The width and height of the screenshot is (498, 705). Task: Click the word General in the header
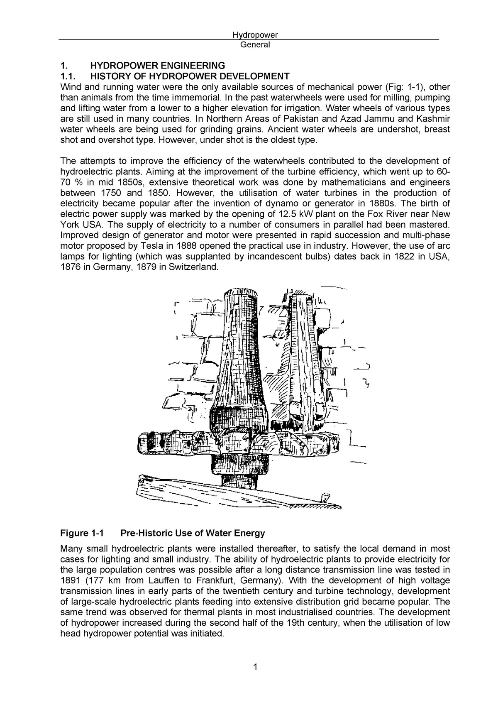255,45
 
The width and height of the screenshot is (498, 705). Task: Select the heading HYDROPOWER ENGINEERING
158,66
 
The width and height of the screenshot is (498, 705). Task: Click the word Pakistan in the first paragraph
294,119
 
